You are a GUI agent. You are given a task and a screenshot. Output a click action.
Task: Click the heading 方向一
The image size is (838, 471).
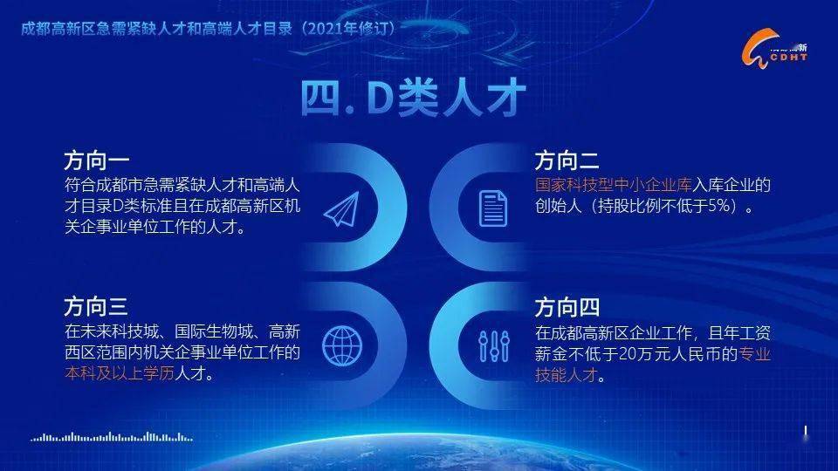coord(96,161)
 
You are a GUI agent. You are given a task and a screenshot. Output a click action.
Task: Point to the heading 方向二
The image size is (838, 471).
coord(567,161)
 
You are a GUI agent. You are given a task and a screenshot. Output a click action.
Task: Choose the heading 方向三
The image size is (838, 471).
coord(96,306)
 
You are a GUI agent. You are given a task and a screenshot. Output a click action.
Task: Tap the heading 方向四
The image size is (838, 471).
coord(567,308)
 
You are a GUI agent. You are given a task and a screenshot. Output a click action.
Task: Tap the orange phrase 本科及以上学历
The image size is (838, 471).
coord(120,373)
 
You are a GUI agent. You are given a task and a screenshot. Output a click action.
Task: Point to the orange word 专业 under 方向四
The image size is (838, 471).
coord(756,354)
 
